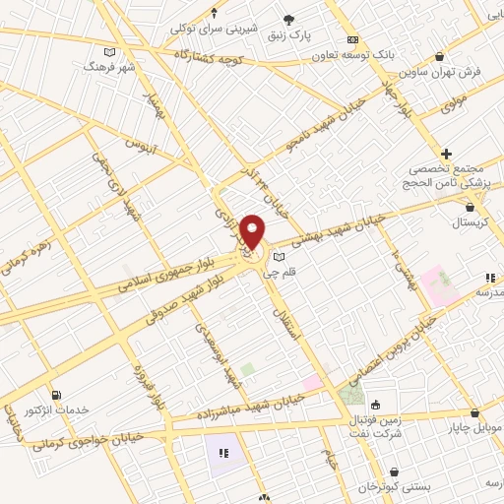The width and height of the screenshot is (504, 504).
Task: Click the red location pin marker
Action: [x=253, y=231]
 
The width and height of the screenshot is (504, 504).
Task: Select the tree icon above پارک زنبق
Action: [x=288, y=19]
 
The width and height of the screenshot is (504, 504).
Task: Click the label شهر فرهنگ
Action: [x=109, y=67]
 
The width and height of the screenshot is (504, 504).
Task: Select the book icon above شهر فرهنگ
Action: [x=109, y=51]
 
